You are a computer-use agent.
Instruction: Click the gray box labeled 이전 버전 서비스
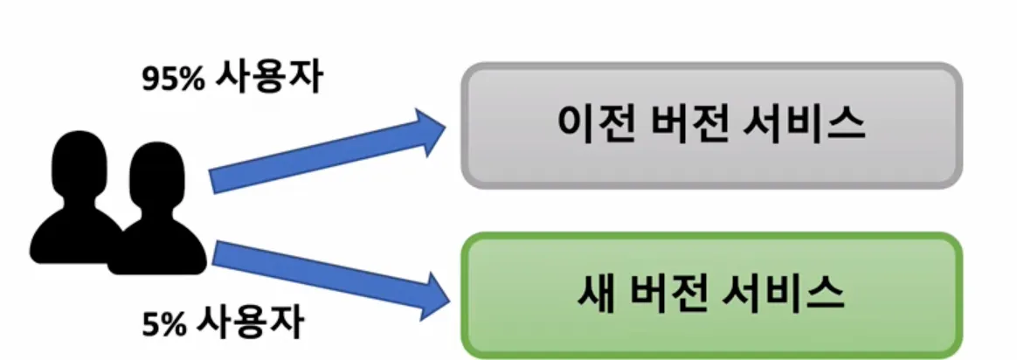tap(711, 124)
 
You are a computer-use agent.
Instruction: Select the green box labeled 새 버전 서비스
tap(711, 294)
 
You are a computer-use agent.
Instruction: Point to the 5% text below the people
tap(163, 324)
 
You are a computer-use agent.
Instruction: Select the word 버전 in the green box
tap(674, 294)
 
